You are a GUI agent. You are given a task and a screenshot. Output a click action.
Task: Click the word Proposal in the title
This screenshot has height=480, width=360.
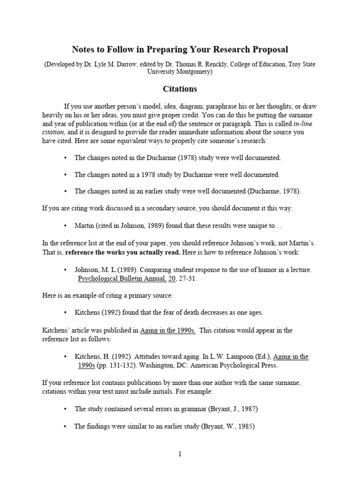point(267,49)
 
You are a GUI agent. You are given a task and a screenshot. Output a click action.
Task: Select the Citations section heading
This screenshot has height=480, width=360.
point(180,89)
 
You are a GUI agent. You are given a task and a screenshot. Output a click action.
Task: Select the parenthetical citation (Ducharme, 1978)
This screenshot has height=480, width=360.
point(272,191)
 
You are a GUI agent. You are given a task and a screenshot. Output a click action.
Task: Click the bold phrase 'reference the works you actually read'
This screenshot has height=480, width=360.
point(123,252)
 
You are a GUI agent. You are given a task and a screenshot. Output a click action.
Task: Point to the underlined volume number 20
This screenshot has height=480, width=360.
point(172,278)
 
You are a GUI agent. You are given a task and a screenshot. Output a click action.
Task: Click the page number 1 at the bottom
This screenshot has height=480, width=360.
point(180,454)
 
